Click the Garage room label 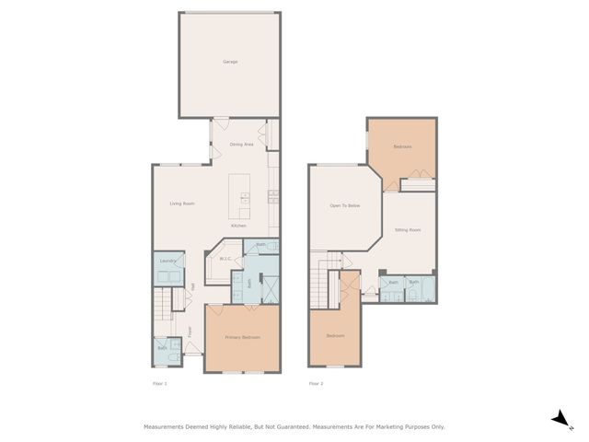point(229,62)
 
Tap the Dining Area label point(242,145)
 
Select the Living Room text point(181,204)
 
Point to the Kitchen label point(238,226)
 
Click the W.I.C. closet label point(224,260)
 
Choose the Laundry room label point(167,262)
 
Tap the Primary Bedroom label point(243,338)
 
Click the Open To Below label point(345,205)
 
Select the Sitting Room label point(408,229)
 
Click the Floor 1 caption point(159,383)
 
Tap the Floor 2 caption point(316,383)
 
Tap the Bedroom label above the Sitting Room point(402,147)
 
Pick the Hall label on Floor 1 point(192,287)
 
